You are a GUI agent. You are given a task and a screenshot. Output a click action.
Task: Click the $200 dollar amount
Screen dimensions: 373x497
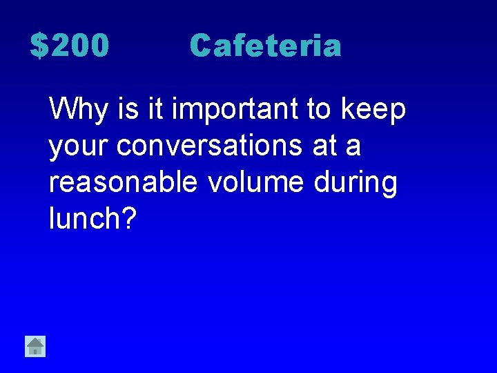tap(70, 46)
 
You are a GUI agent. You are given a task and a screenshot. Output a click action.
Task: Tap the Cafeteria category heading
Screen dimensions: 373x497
tap(265, 46)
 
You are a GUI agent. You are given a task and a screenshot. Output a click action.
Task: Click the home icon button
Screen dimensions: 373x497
tap(35, 345)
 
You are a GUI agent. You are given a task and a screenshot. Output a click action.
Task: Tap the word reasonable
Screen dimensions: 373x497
tap(124, 183)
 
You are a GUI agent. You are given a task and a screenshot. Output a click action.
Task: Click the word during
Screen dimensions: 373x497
tap(355, 183)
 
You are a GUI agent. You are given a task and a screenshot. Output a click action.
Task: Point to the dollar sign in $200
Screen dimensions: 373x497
tap(39, 46)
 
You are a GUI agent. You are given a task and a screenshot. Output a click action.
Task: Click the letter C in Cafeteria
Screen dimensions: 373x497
tap(201, 46)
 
